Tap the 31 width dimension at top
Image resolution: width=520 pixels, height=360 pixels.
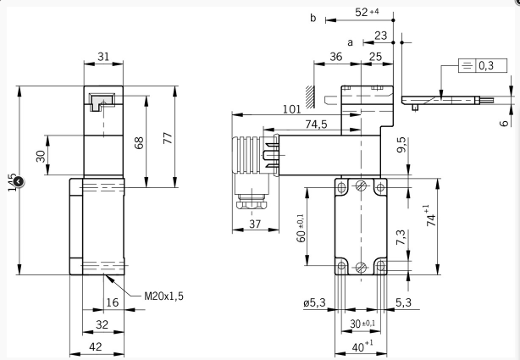pos(103,56)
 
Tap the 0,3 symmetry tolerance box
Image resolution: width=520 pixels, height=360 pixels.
pos(485,65)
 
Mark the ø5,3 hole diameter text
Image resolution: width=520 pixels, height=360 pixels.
pos(313,302)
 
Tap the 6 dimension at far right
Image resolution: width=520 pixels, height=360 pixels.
pos(506,123)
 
